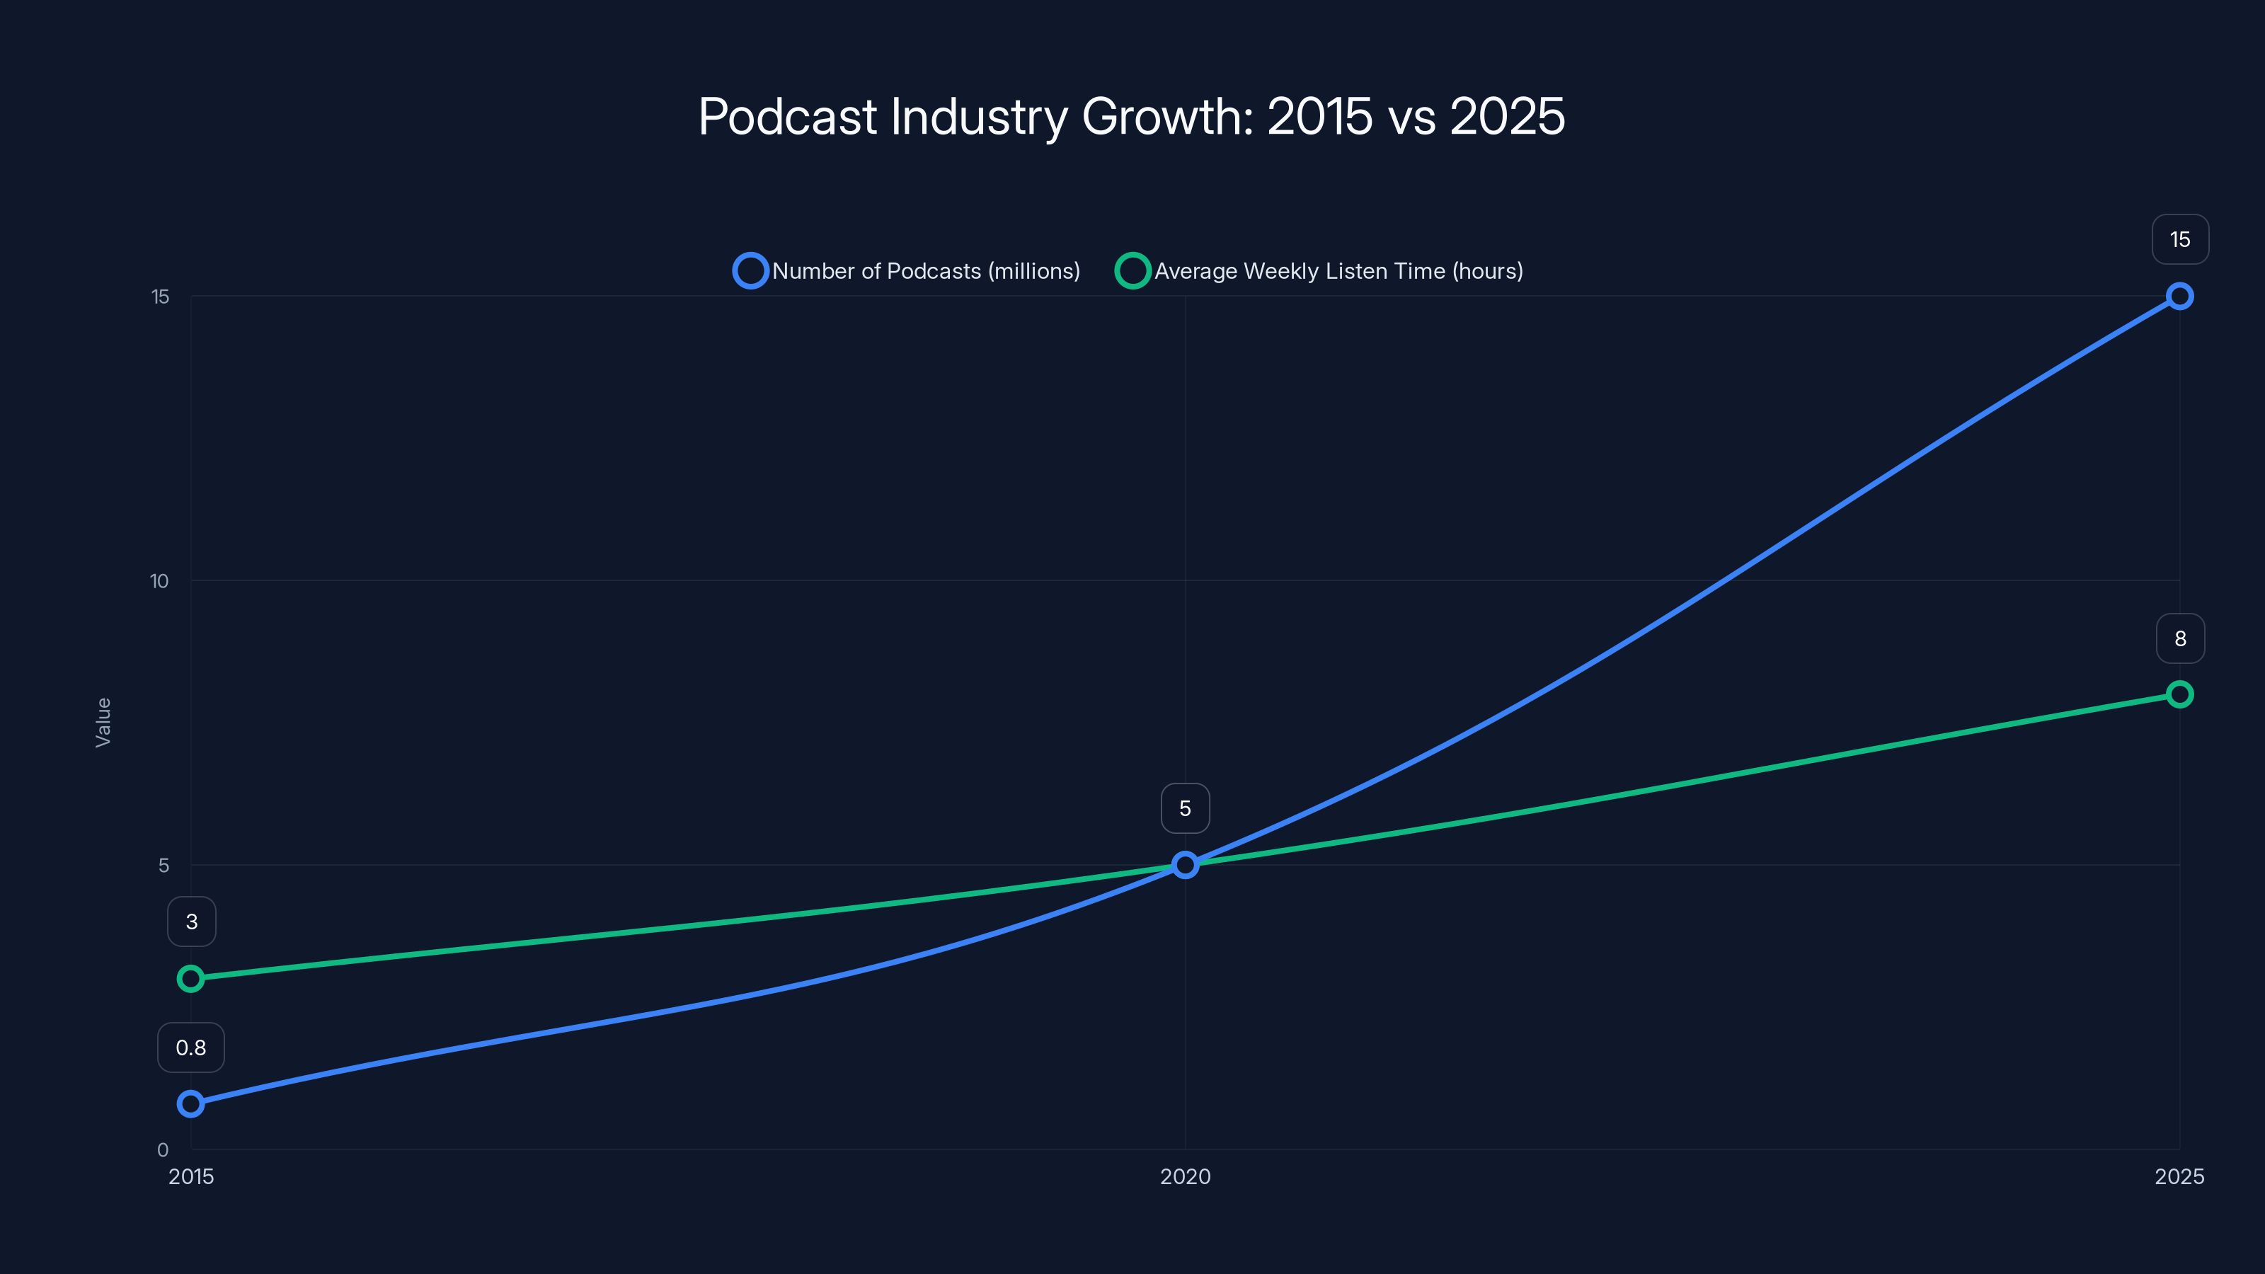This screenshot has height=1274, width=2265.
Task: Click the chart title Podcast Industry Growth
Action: [1132, 116]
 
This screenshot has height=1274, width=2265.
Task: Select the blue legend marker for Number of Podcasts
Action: [750, 271]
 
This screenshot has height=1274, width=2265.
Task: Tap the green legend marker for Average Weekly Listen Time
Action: [1132, 271]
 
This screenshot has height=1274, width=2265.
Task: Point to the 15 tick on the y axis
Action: [160, 297]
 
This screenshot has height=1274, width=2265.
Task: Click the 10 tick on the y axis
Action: [159, 581]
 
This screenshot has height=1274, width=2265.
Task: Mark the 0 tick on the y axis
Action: [163, 1150]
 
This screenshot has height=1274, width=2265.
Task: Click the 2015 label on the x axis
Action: [191, 1177]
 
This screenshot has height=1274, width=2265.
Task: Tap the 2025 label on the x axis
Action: [2179, 1177]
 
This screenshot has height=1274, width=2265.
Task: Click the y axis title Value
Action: [103, 723]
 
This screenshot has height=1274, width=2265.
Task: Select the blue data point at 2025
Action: [2179, 297]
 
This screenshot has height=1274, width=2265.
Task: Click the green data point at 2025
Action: [2179, 694]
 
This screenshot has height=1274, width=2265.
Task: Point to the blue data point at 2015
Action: [191, 1103]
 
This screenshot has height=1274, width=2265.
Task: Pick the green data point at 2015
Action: [191, 979]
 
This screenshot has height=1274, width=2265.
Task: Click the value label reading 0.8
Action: [191, 1048]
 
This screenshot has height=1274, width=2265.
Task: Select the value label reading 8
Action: [2180, 639]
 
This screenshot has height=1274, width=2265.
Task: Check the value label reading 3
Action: [192, 922]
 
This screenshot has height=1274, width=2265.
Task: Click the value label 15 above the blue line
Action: [2180, 240]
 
